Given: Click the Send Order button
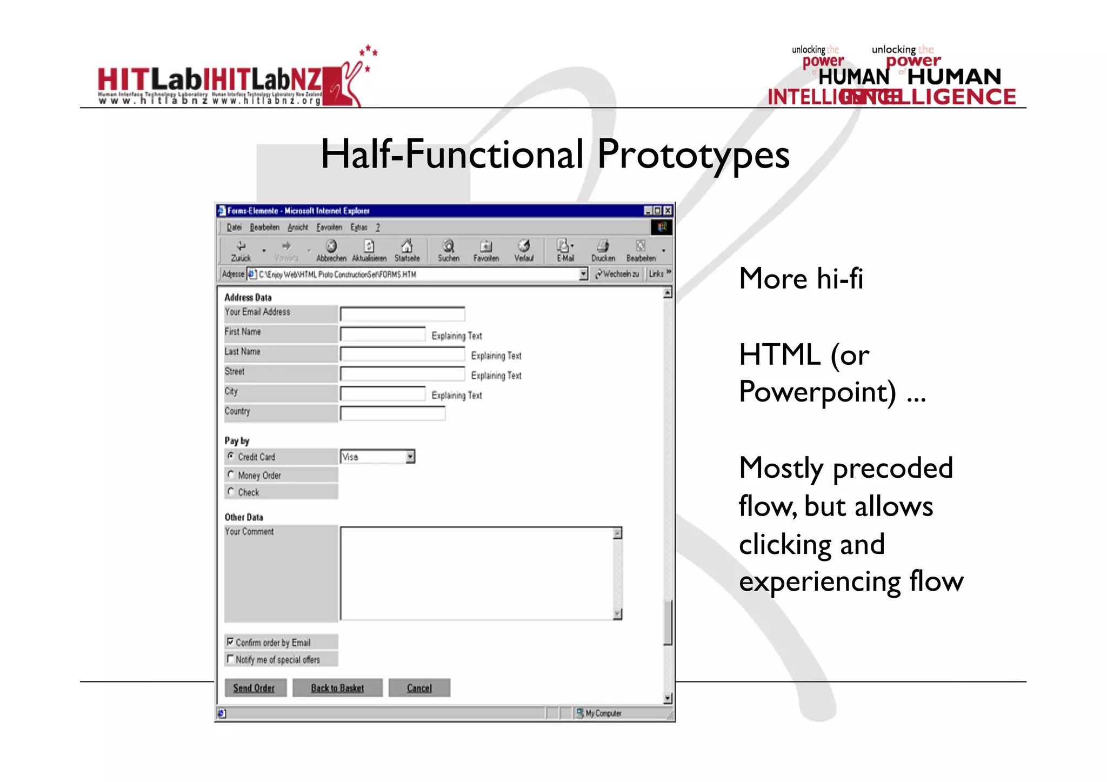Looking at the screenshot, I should point(255,688).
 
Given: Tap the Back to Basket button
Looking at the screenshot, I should point(337,688).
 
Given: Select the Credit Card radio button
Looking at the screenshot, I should point(231,456).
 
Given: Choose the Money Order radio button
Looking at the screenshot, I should point(231,474).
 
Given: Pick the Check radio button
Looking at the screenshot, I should point(231,491).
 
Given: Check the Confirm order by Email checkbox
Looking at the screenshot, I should point(230,641).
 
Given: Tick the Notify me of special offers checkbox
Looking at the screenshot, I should point(230,659).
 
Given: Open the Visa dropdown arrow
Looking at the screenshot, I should point(410,457).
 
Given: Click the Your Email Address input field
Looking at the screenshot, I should point(402,314).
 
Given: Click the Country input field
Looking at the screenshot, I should point(392,414).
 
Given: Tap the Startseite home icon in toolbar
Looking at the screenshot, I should point(407,247).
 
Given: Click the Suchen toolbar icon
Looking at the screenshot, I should point(448,247).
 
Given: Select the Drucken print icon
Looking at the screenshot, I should point(603,247).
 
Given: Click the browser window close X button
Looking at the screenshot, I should point(668,211).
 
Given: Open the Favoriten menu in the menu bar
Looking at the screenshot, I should point(329,228).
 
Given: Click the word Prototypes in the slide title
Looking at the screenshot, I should point(693,155).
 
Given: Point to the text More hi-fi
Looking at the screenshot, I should point(801,279).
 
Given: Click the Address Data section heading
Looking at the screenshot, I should point(248,297).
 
